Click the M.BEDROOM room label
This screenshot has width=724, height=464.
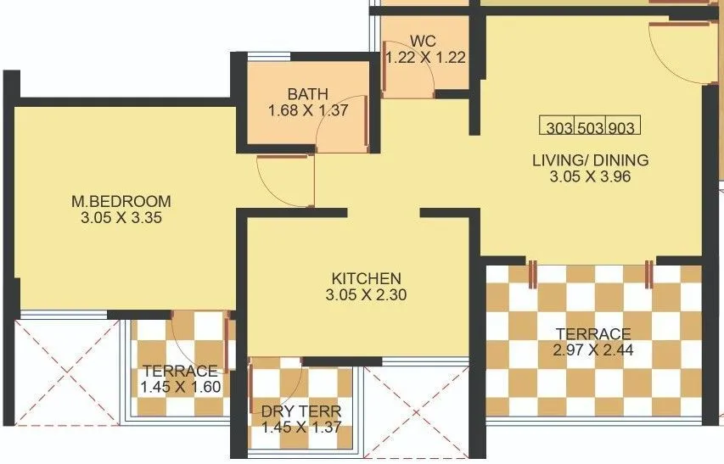[x=121, y=201]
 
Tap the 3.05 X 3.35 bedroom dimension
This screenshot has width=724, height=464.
[x=121, y=217]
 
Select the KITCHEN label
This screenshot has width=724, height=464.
[x=366, y=278]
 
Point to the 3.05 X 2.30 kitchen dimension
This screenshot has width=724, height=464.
[x=366, y=295]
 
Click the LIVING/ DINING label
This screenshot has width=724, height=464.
[x=590, y=159]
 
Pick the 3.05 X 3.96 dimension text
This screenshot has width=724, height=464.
[x=590, y=176]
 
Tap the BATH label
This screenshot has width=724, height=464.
[x=306, y=93]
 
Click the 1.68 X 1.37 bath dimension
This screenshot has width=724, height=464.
[x=306, y=110]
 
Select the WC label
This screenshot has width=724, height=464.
[x=424, y=42]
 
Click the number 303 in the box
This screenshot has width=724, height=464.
[x=558, y=129]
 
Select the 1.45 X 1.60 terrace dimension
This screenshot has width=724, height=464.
[x=181, y=388]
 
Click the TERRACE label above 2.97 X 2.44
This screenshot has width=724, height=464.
[x=593, y=333]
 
